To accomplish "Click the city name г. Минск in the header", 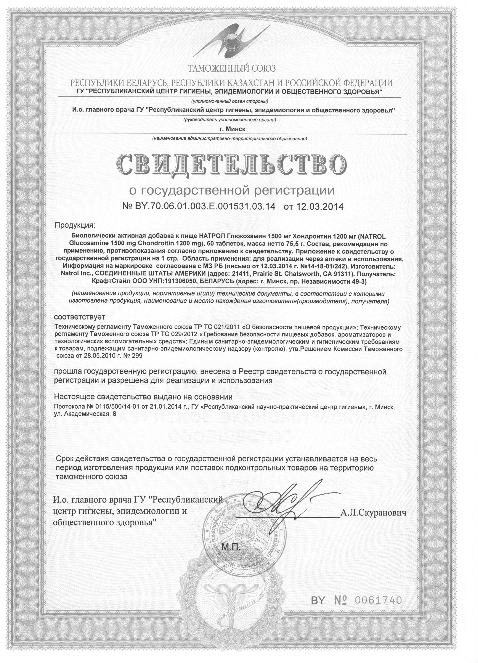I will click(x=230, y=129).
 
